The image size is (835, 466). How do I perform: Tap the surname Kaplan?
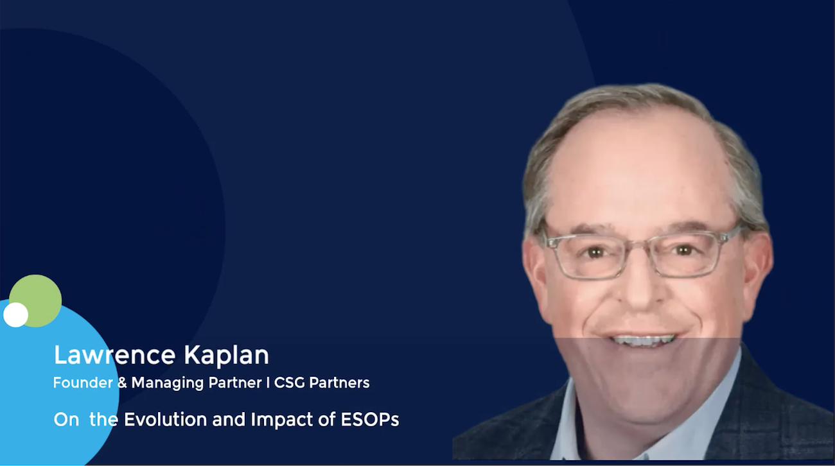click(226, 356)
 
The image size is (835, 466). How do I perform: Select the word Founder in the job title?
click(83, 383)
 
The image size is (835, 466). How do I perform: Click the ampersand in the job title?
click(122, 383)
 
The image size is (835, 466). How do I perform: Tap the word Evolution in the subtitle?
click(166, 419)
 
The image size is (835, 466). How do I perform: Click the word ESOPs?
click(370, 419)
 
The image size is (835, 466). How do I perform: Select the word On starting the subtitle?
click(66, 420)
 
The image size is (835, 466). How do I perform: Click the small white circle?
click(15, 315)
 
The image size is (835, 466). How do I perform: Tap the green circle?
click(36, 300)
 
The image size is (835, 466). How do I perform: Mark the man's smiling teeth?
click(644, 340)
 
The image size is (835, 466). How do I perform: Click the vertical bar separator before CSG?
click(268, 383)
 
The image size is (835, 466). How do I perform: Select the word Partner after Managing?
click(235, 383)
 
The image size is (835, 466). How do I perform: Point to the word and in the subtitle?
click(229, 419)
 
